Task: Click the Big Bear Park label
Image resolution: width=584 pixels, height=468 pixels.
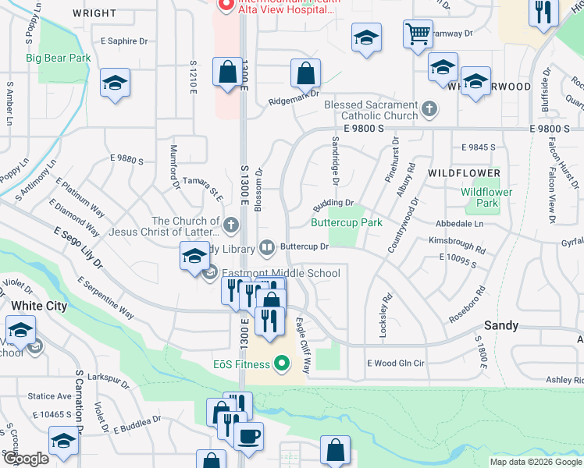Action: point(59,58)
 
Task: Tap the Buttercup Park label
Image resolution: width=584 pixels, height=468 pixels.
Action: point(347,222)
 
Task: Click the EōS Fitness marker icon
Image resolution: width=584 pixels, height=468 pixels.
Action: point(283,364)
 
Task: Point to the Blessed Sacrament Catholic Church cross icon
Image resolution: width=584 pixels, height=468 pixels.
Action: point(429,110)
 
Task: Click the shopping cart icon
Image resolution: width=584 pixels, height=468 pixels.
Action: point(418,34)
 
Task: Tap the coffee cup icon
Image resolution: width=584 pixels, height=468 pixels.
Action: point(249,435)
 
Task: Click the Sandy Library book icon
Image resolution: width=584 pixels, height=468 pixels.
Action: point(267,249)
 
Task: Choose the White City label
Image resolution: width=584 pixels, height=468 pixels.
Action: point(39,306)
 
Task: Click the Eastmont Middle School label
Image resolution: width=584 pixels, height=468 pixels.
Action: point(281,273)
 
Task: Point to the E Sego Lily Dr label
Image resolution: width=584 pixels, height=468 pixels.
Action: point(78,248)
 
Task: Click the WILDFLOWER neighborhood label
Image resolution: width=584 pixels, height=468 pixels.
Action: point(464,172)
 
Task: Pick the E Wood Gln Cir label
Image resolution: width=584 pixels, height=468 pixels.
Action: point(395,363)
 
